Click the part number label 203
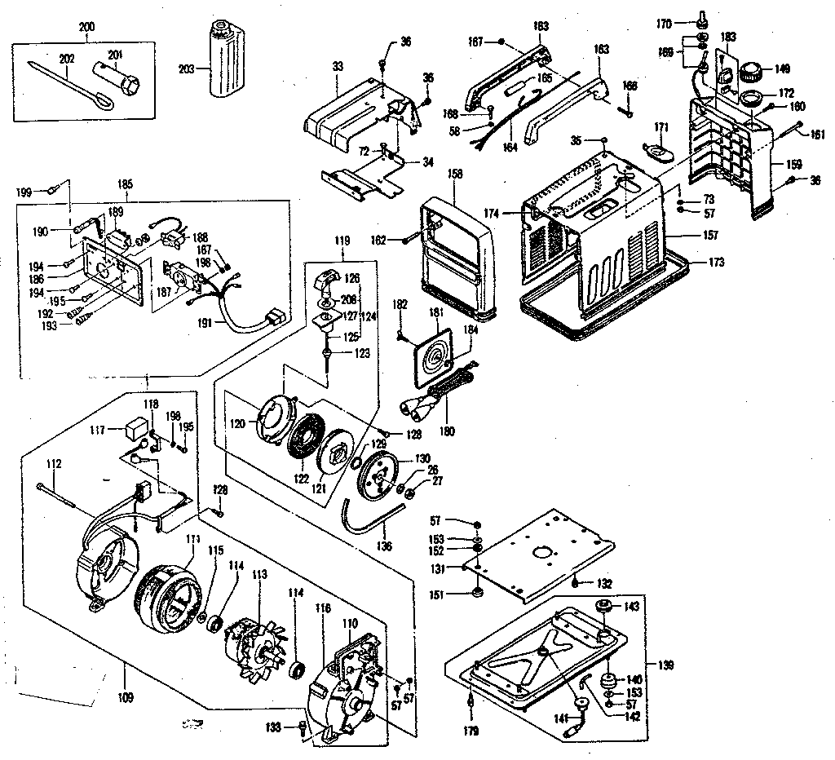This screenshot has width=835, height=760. click(186, 69)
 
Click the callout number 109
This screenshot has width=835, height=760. click(125, 674)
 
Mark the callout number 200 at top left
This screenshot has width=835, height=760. click(86, 27)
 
